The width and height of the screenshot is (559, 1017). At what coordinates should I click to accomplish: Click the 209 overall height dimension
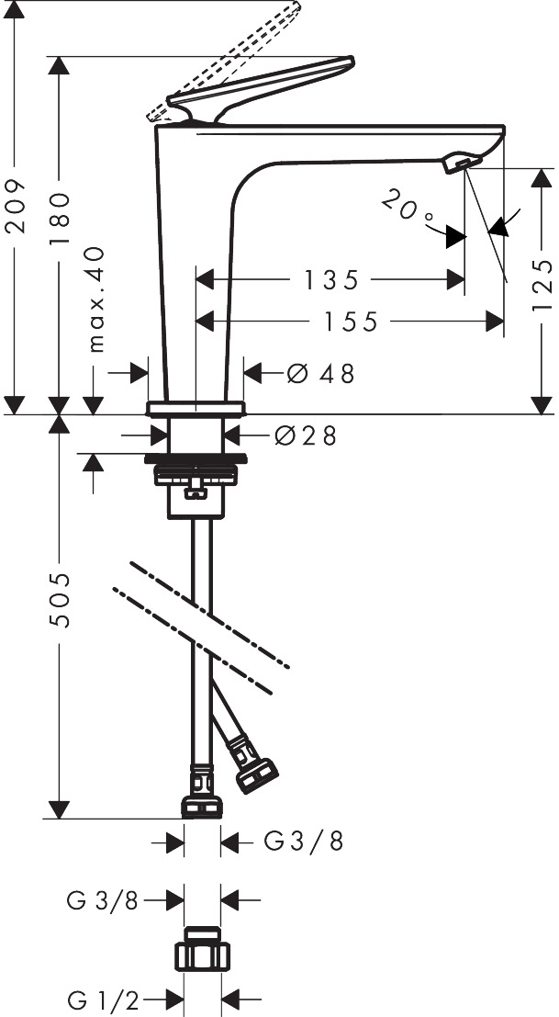[15, 206]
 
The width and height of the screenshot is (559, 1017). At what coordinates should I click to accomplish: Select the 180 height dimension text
[59, 218]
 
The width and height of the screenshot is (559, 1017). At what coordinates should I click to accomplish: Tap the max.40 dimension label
[95, 299]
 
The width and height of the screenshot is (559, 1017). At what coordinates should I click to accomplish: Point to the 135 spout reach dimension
[331, 280]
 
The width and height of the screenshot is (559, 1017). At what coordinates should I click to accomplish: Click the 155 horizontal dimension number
[351, 322]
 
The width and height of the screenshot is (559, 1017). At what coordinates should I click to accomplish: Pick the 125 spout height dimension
[542, 284]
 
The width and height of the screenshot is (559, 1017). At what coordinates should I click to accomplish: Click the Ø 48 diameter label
[320, 374]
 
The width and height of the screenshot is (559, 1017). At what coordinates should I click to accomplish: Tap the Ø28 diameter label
[306, 436]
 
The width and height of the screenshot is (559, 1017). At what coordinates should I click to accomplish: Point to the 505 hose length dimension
[60, 599]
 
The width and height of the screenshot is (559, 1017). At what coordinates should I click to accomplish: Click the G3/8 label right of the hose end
[303, 842]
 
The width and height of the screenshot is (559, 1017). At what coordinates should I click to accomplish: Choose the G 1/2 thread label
[103, 1000]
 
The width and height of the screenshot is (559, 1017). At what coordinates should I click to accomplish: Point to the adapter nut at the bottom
[202, 949]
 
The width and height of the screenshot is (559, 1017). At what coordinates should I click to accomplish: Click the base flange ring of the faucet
[196, 409]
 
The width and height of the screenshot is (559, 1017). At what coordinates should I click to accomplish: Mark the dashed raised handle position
[223, 62]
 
